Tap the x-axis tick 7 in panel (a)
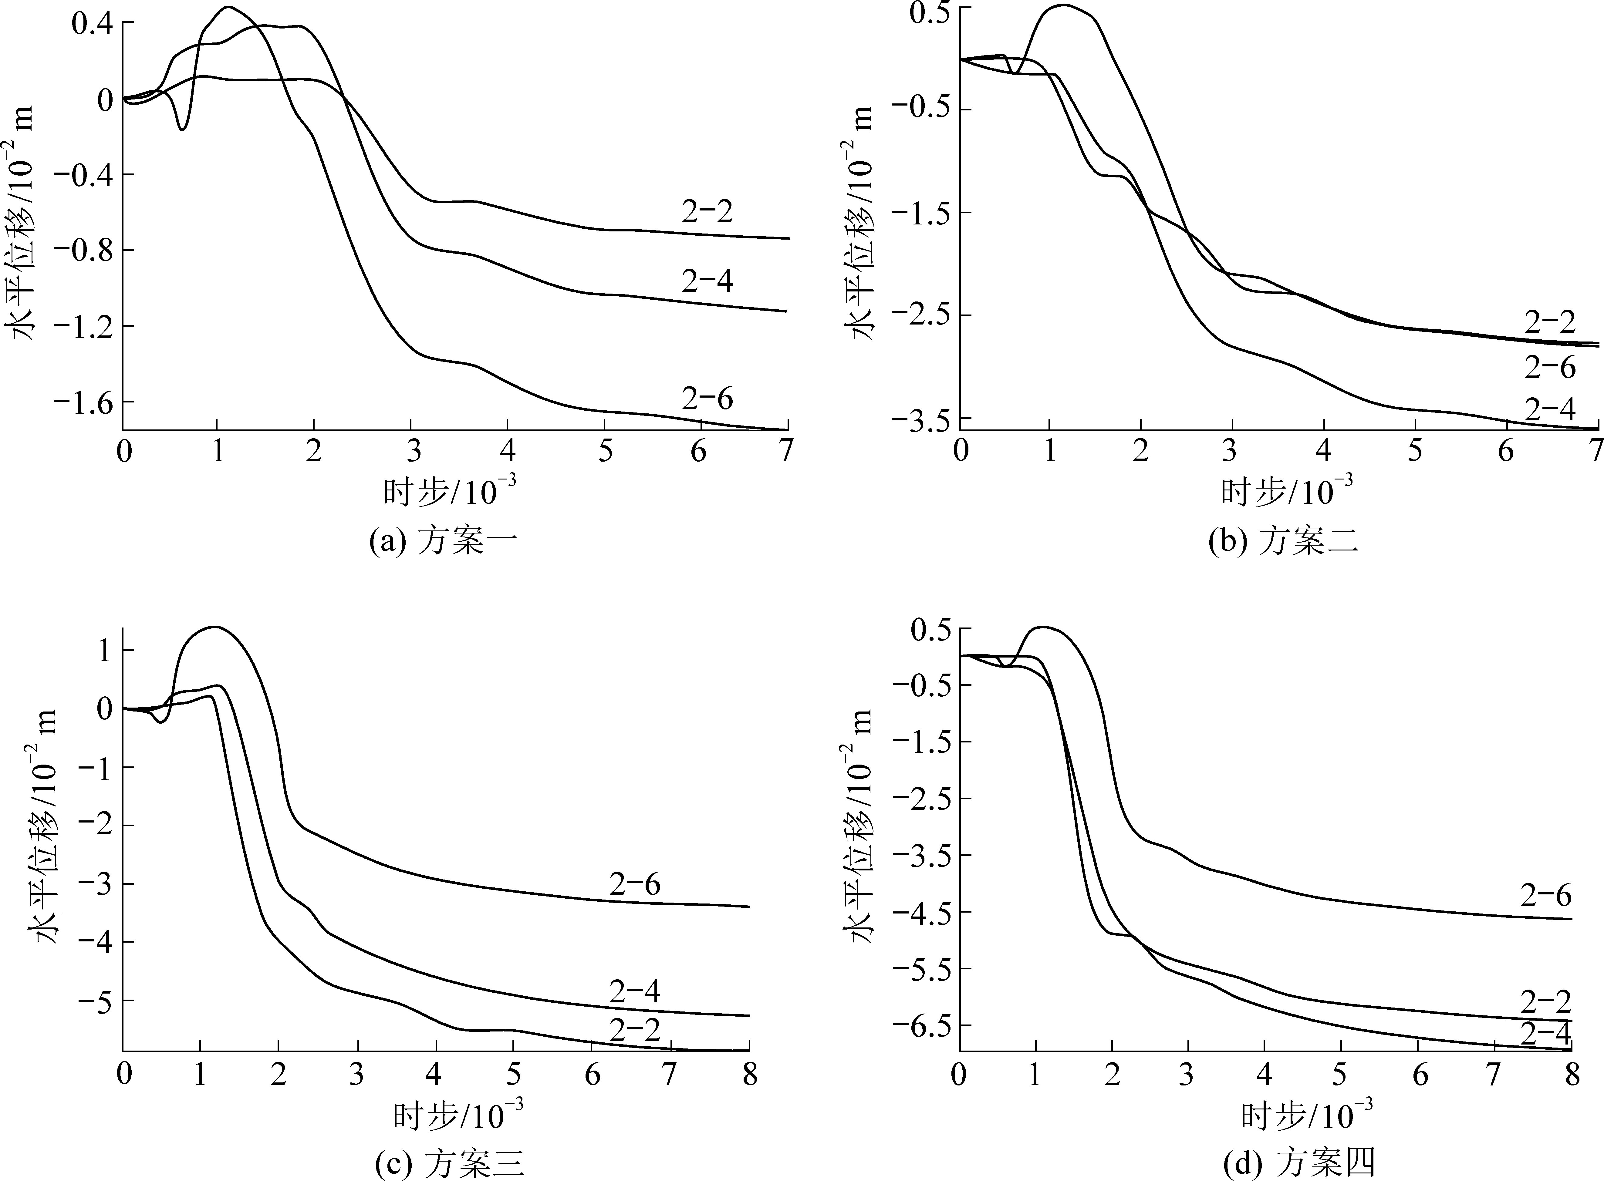pyautogui.click(x=786, y=452)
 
